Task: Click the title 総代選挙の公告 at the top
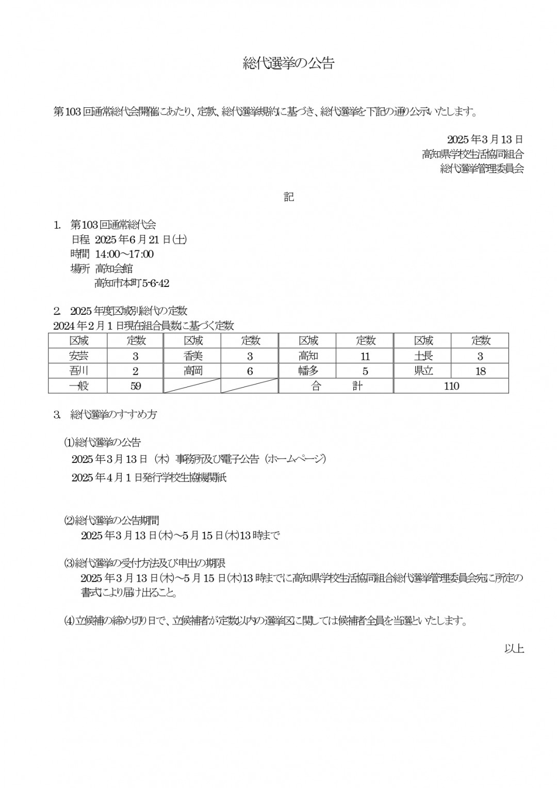click(x=289, y=63)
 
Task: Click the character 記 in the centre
click(x=289, y=197)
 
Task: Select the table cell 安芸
click(x=78, y=356)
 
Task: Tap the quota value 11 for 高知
click(x=365, y=356)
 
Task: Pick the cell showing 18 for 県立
click(x=480, y=371)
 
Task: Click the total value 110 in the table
click(x=451, y=386)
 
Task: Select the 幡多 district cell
click(x=308, y=371)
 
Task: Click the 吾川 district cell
click(x=78, y=371)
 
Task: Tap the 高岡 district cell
click(x=193, y=371)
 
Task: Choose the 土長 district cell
click(x=423, y=356)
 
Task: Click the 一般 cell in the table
click(x=78, y=386)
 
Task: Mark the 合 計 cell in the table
click(x=336, y=386)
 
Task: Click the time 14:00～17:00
click(x=124, y=254)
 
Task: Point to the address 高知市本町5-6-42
click(x=132, y=283)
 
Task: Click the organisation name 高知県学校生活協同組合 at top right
click(x=473, y=154)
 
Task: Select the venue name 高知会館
click(x=114, y=268)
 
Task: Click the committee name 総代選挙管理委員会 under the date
click(x=482, y=168)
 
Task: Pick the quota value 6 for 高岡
click(x=250, y=371)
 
